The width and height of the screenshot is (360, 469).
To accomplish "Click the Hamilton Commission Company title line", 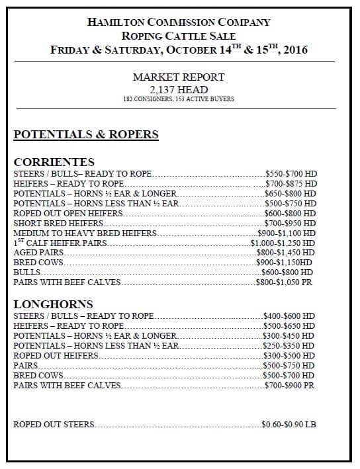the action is point(179,22).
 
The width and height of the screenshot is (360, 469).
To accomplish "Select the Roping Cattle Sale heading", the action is point(179,36).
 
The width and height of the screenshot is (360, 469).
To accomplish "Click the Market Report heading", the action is point(179,77).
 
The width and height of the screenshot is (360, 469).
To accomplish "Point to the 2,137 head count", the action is point(179,89).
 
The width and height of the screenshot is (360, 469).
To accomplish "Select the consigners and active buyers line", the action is point(179,99).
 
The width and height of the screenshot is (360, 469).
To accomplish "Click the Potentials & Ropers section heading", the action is point(86,135).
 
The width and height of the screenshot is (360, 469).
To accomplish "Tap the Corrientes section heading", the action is point(54,162).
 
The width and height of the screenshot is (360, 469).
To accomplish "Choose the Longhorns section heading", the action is point(53,304).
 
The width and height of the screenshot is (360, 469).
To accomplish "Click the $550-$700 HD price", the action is point(291,174).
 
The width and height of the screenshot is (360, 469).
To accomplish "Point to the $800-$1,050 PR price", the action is point(285,282).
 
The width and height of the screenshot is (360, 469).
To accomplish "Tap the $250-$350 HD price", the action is point(289,346).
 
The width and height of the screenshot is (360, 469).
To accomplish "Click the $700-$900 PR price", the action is point(289,385).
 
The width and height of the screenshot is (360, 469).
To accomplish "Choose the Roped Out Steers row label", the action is point(54,424).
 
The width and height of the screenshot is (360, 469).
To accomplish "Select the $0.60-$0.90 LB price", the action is point(289,424).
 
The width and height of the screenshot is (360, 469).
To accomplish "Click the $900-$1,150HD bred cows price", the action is point(285,263).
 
